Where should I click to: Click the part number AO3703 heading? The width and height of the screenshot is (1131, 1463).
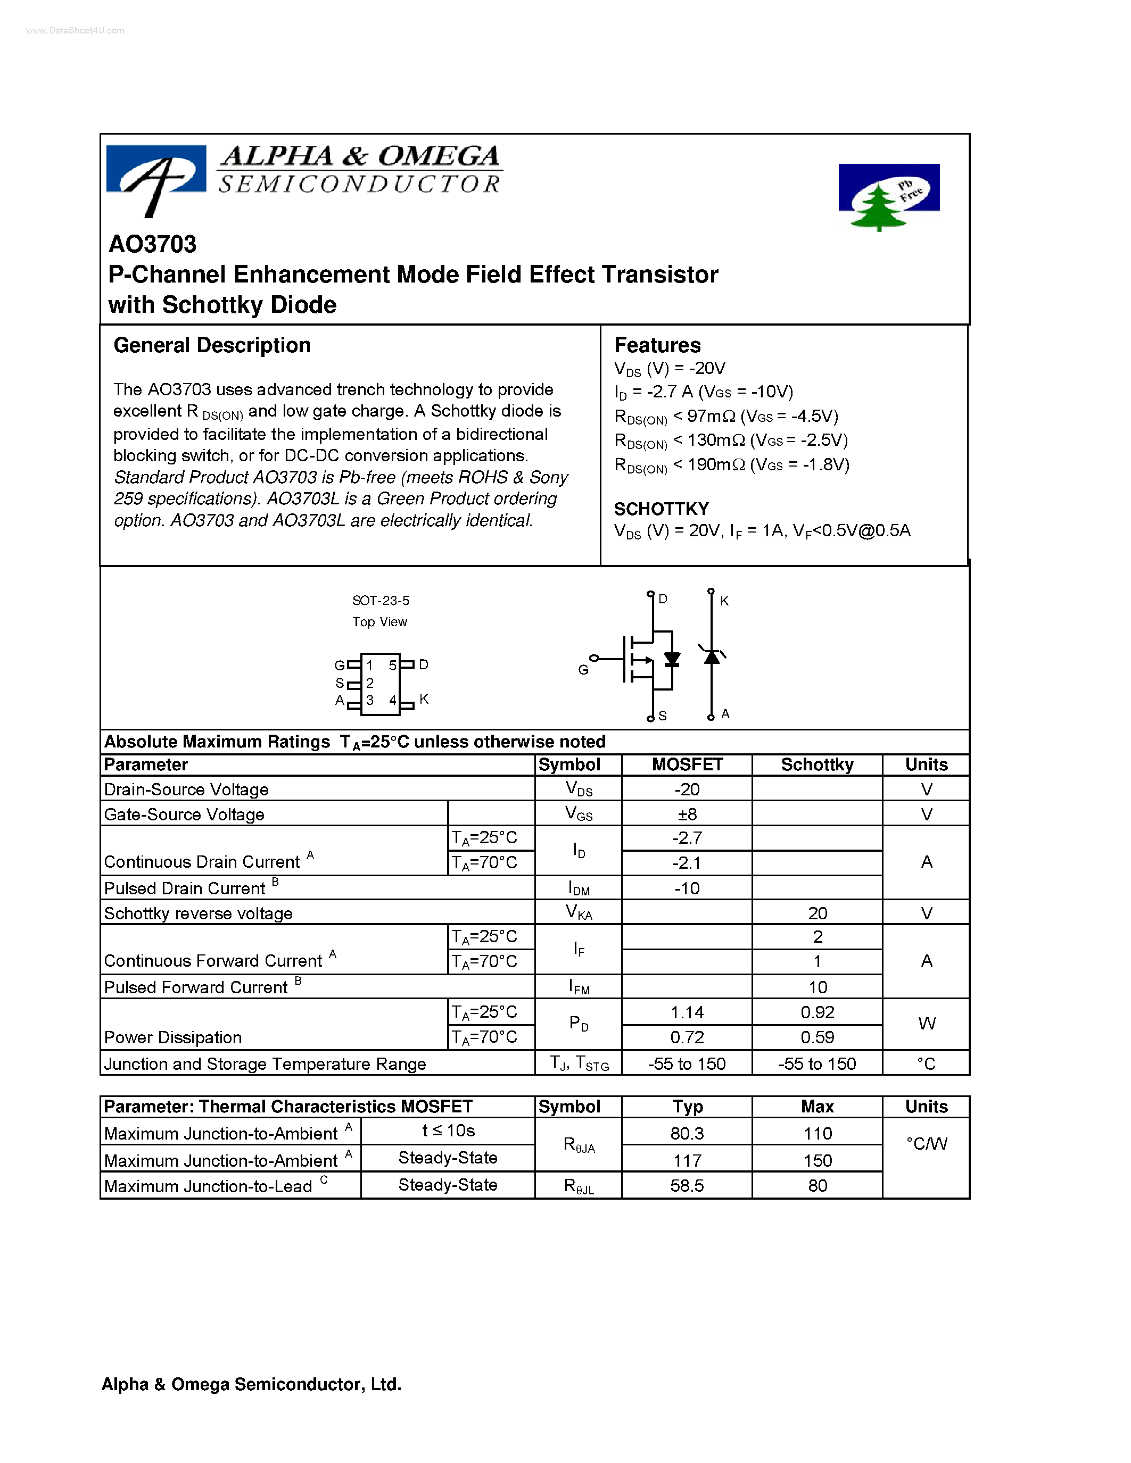click(153, 245)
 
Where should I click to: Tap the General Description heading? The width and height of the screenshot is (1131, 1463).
click(212, 346)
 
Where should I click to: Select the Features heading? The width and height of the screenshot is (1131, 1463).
click(657, 346)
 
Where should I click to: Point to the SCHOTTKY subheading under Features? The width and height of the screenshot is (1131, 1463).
click(662, 509)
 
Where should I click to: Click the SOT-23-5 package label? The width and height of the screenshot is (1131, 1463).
click(381, 601)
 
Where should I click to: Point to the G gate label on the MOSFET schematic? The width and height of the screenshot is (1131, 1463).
click(583, 670)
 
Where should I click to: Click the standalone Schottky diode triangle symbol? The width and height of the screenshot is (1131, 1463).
click(712, 657)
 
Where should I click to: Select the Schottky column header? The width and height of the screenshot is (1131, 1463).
click(817, 765)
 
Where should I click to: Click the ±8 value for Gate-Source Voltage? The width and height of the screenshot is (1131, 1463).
click(687, 814)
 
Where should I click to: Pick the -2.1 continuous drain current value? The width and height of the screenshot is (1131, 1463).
click(687, 863)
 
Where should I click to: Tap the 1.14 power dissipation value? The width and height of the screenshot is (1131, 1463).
click(687, 1012)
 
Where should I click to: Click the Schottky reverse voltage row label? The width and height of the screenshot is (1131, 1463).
click(199, 913)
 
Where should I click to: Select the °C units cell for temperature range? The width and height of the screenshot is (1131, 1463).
click(926, 1064)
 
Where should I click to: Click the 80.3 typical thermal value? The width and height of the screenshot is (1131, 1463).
click(687, 1133)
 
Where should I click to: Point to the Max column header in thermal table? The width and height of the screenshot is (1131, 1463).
click(817, 1107)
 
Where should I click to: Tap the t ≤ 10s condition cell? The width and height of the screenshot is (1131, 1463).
click(448, 1130)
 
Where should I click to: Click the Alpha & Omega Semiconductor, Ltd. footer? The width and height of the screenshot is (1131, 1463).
click(251, 1385)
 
